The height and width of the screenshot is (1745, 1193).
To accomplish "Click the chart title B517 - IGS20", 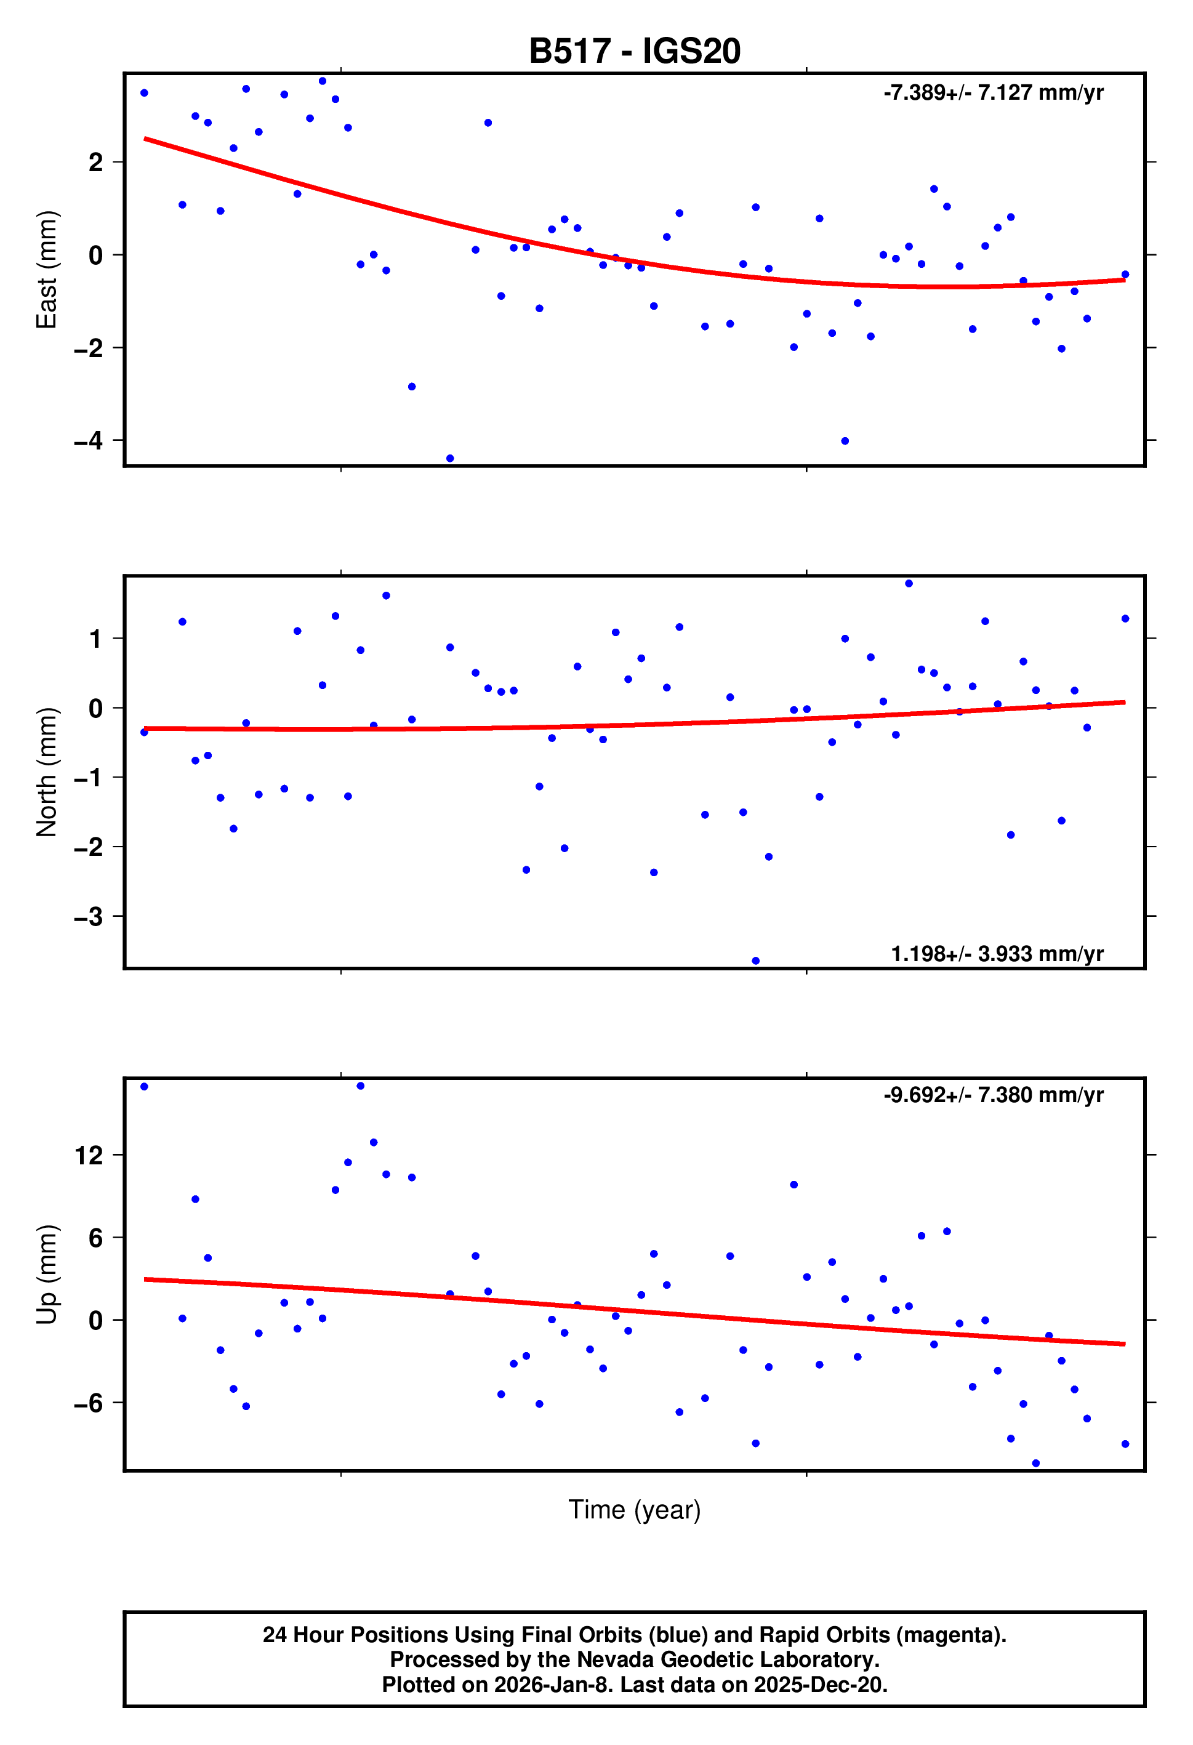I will pos(635,51).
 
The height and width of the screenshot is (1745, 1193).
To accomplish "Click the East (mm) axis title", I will pos(47,270).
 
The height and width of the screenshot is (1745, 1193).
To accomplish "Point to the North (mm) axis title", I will pos(47,772).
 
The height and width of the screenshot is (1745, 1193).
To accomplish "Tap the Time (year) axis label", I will pos(635,1509).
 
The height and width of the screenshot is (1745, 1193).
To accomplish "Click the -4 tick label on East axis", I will pos(89,441).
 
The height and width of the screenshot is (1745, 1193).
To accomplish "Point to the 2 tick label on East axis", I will pos(95,162).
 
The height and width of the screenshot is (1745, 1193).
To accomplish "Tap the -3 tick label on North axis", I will pos(89,917).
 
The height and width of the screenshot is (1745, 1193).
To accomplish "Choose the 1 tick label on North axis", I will pos(95,639).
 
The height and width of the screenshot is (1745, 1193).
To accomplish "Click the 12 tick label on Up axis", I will pos(89,1156).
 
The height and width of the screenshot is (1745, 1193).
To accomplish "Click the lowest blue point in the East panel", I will pos(450,458).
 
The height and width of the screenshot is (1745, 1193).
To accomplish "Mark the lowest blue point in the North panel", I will pos(755,961).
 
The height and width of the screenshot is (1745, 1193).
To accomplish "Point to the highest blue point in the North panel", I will pos(909,584).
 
